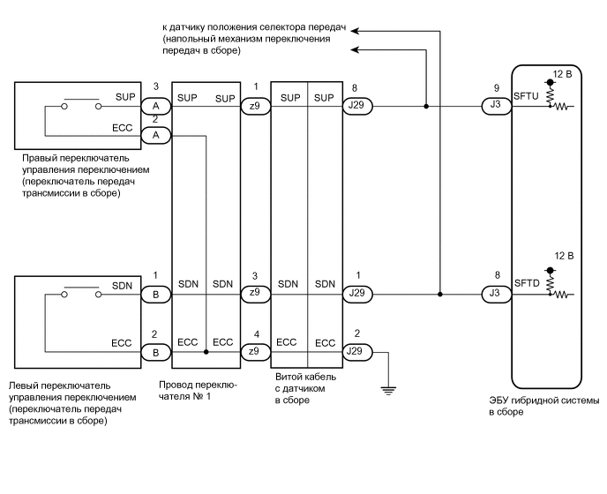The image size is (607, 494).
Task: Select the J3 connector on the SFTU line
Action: pos(496,107)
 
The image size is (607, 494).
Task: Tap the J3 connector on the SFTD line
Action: pos(496,293)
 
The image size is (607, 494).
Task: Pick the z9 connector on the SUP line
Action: pos(254,107)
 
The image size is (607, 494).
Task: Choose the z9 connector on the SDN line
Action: pos(254,293)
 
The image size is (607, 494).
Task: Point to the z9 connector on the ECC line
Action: pos(254,351)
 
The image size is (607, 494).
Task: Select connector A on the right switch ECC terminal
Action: pos(155,135)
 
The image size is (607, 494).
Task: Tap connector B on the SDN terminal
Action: pos(155,293)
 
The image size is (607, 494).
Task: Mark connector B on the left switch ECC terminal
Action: pos(155,351)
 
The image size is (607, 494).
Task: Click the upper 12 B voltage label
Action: pos(562,74)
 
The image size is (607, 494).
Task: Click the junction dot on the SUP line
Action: pos(426,107)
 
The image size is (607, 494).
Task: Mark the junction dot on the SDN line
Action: pos(439,293)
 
